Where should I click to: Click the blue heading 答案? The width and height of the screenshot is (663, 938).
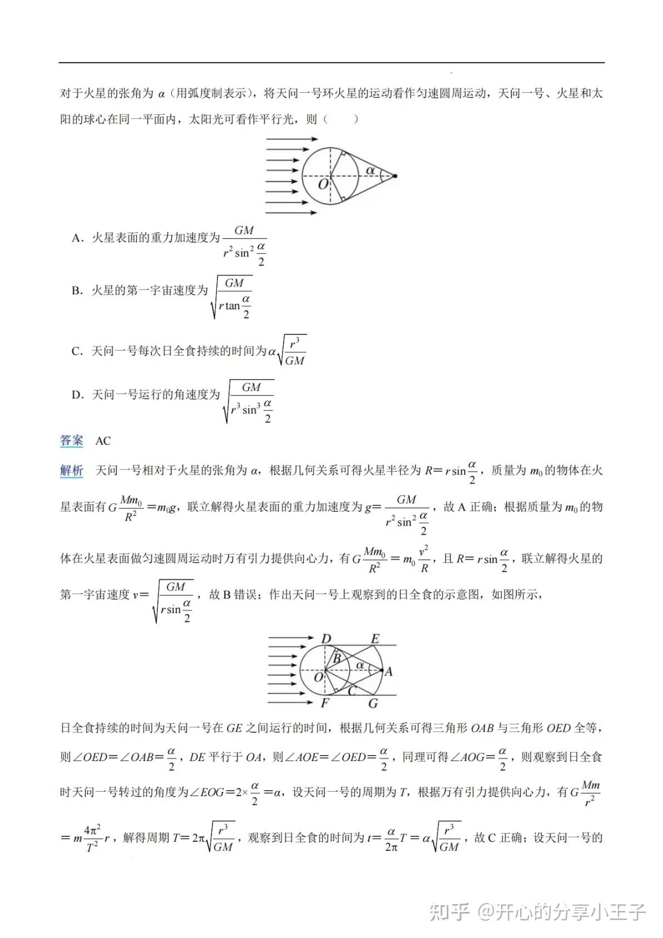(71, 441)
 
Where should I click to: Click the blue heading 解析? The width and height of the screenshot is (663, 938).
(71, 471)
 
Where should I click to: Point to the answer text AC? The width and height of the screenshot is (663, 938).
(103, 441)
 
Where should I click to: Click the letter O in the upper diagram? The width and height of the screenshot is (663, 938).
(323, 183)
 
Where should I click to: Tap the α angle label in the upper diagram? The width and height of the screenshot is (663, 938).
(369, 170)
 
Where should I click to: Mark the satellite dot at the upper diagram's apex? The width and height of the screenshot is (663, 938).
(394, 176)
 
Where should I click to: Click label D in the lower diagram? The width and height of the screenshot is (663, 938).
(326, 639)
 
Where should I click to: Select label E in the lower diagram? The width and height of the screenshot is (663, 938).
(375, 639)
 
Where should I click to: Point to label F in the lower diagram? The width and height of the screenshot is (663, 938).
(325, 703)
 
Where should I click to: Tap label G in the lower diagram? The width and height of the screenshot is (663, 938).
(373, 703)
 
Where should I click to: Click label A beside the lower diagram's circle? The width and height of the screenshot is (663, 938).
(388, 672)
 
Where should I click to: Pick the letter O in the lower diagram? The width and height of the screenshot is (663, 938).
(318, 677)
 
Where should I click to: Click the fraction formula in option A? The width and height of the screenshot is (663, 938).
(245, 245)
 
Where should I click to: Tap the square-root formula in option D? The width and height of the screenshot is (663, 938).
(248, 401)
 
